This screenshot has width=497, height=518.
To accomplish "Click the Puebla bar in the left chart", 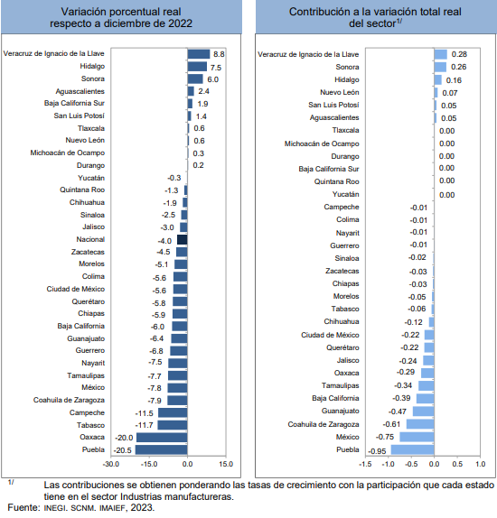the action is pos(161,450).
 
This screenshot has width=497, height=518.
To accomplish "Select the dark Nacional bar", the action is pos(183,239).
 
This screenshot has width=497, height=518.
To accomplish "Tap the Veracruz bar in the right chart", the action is pos(440,54).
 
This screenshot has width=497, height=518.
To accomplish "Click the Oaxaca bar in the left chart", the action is pos(162,438).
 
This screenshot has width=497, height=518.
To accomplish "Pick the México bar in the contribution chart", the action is pos(417,437).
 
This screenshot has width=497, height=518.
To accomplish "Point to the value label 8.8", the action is pos(219,54).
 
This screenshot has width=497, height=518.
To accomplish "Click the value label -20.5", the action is pos(122,450).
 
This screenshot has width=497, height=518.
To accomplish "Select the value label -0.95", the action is pos(377,451).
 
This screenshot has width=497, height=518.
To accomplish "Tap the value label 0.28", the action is pos(459,54).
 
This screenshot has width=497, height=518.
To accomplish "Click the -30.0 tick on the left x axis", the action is pos(111,464).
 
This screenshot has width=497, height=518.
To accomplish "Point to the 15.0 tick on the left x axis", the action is pos(226,464).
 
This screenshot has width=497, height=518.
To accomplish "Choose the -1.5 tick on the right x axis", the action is pos(365,464).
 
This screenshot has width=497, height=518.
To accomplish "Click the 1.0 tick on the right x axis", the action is pos(480,464).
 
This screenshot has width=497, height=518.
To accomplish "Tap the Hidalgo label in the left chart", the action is pos(92,66).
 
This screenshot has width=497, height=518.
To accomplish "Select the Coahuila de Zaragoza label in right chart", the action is pos(324,424).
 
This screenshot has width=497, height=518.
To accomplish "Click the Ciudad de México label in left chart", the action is pos(75,289).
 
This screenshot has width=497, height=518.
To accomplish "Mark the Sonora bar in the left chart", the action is pos(195,79).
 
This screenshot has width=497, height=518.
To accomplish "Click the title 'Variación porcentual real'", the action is pos(121,12).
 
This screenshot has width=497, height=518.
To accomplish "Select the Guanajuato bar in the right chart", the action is pos(424,412).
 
